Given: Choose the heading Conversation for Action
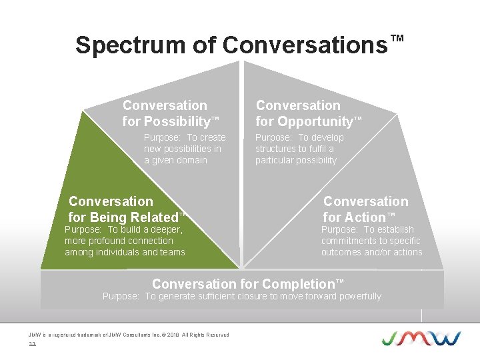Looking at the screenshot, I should click(x=365, y=209).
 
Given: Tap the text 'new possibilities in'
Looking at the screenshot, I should click(x=183, y=149).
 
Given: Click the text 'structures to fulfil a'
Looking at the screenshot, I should click(x=295, y=149).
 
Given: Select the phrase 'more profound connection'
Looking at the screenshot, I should click(x=119, y=241).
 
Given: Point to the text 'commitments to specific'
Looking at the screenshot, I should click(x=371, y=241).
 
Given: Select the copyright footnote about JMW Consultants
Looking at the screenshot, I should click(x=128, y=335).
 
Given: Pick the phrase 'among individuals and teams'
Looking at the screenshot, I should click(x=125, y=252).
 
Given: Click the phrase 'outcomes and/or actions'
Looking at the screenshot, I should click(x=371, y=252).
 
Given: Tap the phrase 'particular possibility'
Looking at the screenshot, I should click(x=296, y=160).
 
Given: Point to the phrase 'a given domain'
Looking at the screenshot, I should click(x=175, y=160).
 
